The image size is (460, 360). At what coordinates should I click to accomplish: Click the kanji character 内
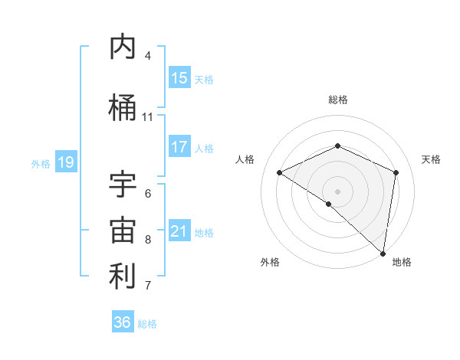pos(123,47)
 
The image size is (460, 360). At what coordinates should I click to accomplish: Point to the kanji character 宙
pos(123,231)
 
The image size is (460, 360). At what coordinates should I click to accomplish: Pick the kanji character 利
pos(123,277)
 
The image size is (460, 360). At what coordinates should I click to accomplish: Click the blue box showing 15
pos(179,78)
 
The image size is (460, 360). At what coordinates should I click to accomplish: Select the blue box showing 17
pos(179,147)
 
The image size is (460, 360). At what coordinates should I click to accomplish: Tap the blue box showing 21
pos(179,231)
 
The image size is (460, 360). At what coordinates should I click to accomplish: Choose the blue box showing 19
pos(65,162)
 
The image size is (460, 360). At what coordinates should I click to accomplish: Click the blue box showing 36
pos(123,322)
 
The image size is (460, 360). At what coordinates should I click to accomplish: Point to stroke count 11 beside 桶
pos(147,117)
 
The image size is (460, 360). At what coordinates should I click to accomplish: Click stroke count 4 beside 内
pos(148,56)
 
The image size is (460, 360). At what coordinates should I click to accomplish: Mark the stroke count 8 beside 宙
pos(148,240)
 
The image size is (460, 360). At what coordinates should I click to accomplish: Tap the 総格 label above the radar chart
pos(337,100)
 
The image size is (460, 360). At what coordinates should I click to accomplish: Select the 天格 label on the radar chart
pos(431,159)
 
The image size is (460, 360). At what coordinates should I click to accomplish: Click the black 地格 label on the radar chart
pos(402,262)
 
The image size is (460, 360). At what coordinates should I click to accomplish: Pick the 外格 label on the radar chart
pos(269,262)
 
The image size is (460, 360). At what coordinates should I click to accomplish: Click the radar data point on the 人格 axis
pos(280,172)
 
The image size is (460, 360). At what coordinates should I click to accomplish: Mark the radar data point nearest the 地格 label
pos(383,253)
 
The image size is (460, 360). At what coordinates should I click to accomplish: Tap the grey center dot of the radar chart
pos(337,191)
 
